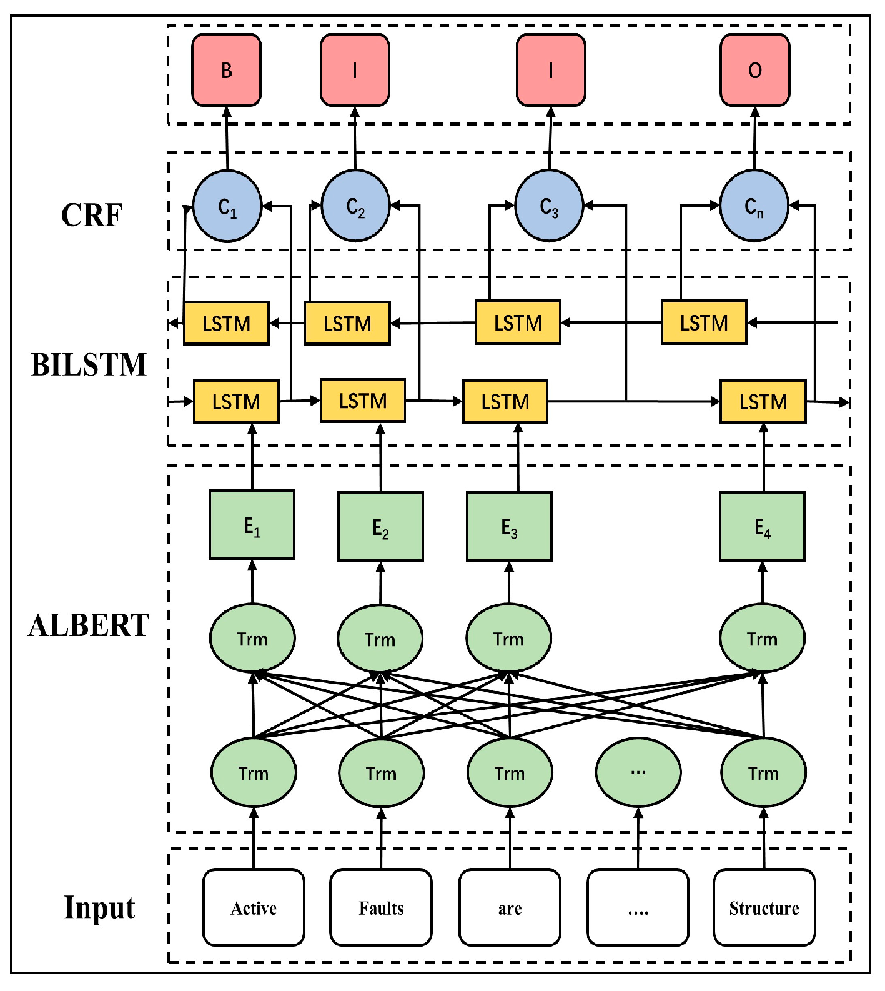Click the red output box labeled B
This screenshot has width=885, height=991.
226,70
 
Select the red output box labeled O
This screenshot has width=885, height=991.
754,70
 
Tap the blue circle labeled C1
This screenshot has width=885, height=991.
227,206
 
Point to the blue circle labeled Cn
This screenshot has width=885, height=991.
754,206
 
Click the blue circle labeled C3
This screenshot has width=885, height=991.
549,206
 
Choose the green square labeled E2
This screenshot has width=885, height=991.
380,527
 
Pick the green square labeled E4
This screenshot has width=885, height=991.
762,526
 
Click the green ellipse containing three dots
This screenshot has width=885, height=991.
638,772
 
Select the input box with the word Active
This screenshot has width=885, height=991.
254,907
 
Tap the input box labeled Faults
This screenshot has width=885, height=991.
381,907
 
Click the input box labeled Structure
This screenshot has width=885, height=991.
764,907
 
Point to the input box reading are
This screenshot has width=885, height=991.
510,907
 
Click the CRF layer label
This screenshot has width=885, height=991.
91,215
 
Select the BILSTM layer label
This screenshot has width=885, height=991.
89,364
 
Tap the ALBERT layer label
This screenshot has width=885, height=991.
89,625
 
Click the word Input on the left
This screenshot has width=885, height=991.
99,907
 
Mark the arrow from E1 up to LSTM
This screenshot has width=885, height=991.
252,457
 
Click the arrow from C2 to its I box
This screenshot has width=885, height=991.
355,138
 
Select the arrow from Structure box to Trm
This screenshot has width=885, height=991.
764,838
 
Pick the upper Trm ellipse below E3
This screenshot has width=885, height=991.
508,639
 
